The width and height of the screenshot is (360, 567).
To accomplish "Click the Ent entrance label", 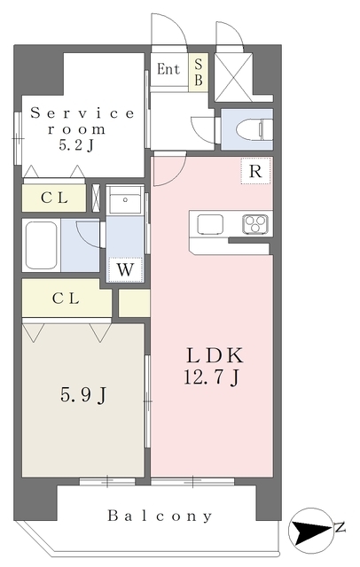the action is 168,69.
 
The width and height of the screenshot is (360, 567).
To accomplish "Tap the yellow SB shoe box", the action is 199,72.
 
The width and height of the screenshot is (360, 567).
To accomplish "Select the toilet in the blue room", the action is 254,129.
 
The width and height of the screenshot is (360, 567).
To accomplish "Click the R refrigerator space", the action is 255,171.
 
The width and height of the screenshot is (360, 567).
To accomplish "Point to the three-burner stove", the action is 255,223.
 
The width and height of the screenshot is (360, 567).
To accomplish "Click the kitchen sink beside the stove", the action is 210,224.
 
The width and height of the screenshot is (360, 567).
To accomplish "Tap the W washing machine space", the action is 125,269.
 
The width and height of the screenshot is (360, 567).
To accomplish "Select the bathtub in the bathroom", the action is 42,245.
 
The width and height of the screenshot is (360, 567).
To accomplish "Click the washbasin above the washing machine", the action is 125,199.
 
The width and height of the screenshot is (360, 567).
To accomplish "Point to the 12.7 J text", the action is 212,377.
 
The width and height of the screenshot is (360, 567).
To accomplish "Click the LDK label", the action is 215,355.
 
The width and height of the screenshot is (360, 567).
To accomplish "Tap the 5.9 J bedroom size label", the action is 83,394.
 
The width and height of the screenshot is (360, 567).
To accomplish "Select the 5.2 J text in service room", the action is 76,145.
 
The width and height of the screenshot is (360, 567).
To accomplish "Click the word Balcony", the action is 160,516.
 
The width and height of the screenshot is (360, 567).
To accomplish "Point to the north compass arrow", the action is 312,531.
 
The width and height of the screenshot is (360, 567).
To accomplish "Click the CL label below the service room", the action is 54,198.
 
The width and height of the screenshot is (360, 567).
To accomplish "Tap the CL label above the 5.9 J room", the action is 66,299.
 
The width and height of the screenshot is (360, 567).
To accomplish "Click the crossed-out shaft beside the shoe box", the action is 233,77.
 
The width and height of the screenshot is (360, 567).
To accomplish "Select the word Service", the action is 82,113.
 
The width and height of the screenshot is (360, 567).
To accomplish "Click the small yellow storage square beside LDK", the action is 134,303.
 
